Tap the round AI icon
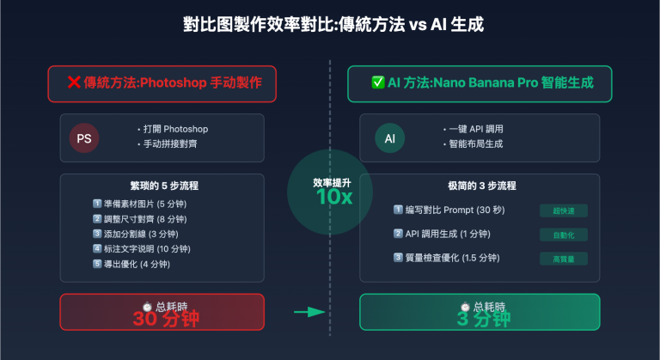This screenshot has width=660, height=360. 389,137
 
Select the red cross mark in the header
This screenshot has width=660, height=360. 74,83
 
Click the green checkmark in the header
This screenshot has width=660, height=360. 377,83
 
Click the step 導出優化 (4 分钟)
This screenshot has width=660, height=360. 137,264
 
